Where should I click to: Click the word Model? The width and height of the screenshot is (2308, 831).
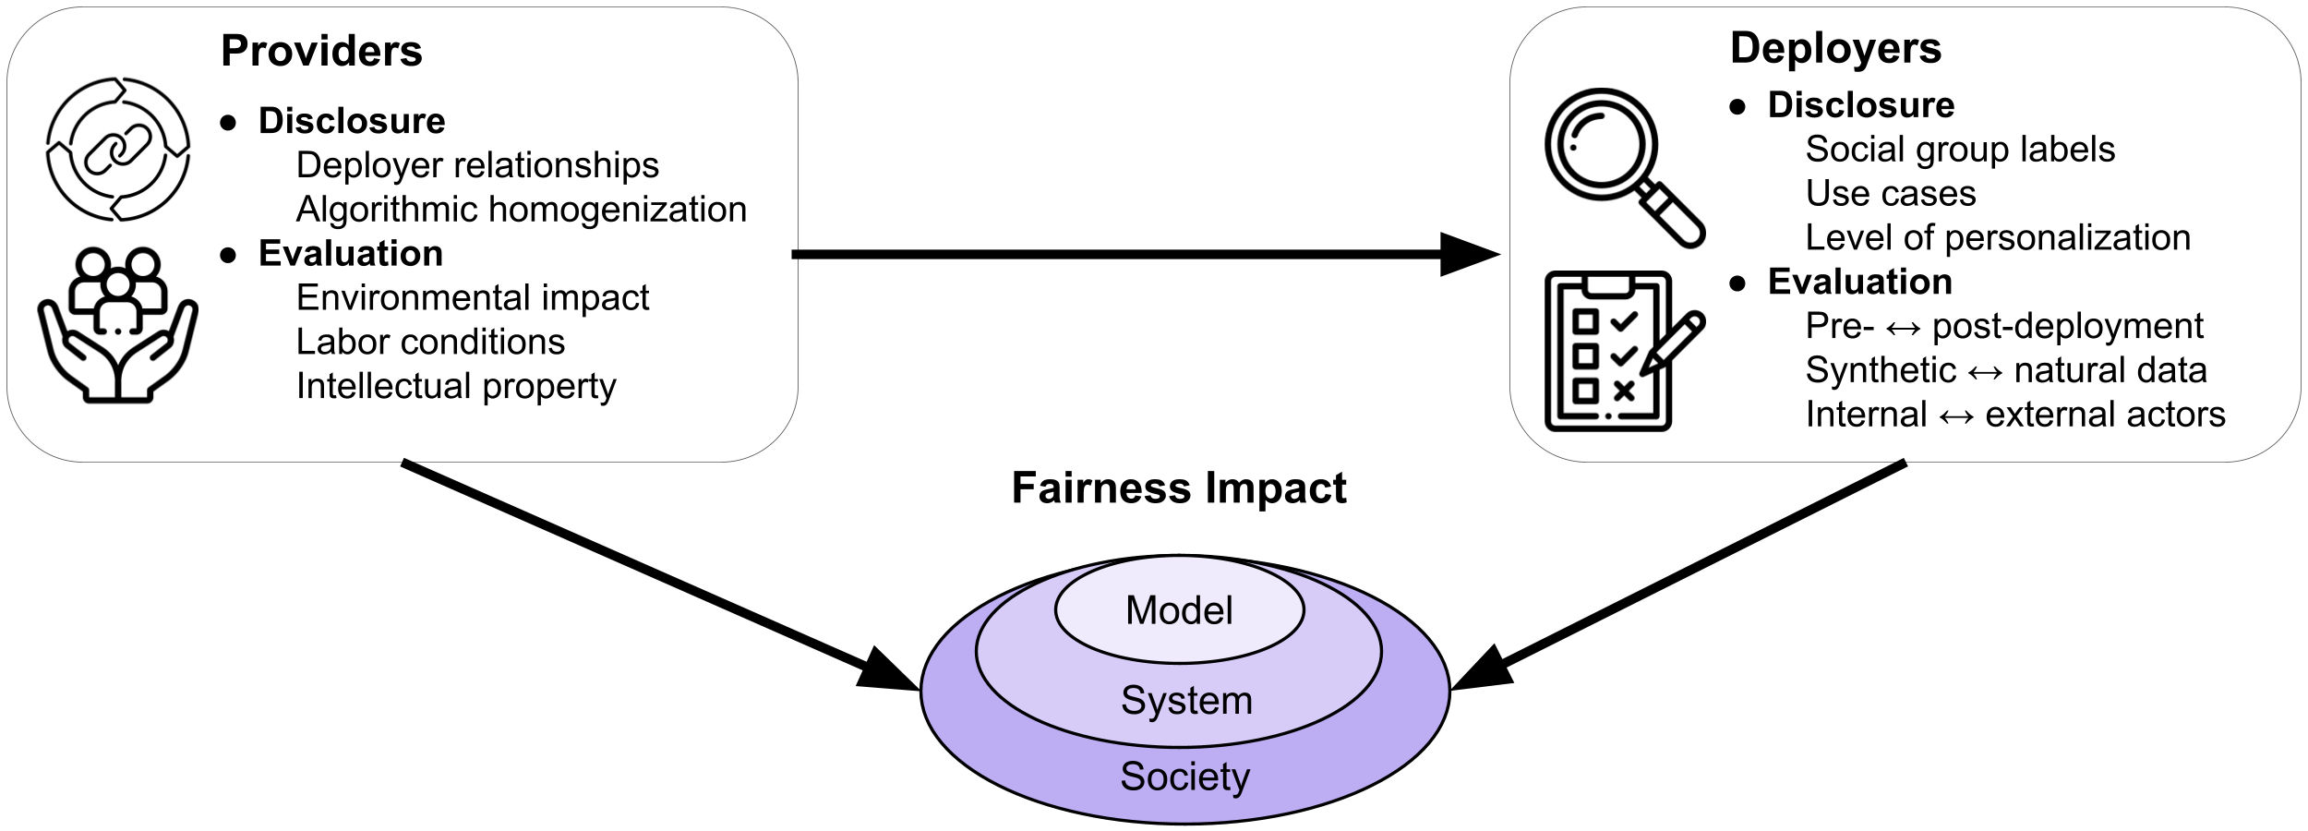1179,610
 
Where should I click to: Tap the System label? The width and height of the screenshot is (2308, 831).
1186,700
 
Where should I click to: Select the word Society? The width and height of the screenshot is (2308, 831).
1184,777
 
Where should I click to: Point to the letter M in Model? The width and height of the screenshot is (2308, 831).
1141,610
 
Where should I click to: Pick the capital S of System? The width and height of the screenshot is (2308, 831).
1133,700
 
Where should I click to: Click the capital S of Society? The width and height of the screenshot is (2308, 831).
1132,777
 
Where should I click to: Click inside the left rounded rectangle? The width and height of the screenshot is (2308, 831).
403,235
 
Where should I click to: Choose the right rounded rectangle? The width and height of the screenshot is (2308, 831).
1905,235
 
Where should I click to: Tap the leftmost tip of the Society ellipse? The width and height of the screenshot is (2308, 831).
924,690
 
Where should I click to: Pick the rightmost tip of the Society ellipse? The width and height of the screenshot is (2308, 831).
1447,690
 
